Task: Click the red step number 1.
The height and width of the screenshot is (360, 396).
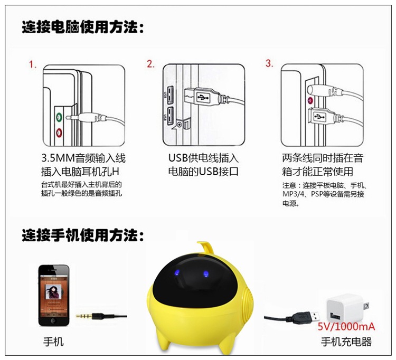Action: pos(32,64)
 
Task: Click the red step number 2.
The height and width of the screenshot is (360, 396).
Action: pos(150,64)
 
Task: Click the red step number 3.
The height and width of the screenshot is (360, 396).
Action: pos(269,63)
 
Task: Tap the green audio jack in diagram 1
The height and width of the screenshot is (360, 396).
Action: pos(59,117)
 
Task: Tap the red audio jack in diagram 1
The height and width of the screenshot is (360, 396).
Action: pos(59,132)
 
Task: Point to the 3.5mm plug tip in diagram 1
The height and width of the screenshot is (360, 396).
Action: pos(68,117)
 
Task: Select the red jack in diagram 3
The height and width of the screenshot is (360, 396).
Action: pos(310,101)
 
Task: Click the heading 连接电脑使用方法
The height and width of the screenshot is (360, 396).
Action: pos(83,27)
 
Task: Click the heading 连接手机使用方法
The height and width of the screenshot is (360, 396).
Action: pos(83,235)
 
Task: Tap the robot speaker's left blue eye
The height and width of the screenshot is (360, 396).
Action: pos(177,273)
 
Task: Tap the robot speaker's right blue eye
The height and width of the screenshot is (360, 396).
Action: pos(206,273)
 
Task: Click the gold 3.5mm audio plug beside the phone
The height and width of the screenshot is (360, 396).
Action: pos(84,316)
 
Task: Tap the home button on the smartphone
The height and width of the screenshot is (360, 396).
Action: pos(53,320)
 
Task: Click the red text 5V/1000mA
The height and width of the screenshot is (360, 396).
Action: pos(346,327)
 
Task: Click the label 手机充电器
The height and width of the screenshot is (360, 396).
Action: pos(346,342)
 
